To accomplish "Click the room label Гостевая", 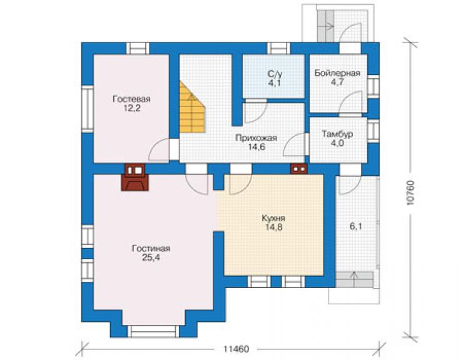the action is [131, 99].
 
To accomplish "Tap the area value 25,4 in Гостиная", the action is [151, 258].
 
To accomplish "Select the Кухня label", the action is [273, 218].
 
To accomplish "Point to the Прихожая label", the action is [256, 138].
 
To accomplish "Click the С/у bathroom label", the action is [274, 74].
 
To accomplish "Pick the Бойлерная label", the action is [337, 73].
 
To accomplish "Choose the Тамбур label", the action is [337, 134].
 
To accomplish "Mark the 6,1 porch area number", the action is [355, 227].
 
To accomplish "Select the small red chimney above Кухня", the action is [299, 168].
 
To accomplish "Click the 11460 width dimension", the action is [236, 349].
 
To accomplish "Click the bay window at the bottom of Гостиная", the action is [153, 331].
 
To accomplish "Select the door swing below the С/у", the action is [256, 111].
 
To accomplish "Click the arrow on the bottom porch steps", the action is [354, 279].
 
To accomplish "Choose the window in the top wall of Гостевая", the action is [138, 48].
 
